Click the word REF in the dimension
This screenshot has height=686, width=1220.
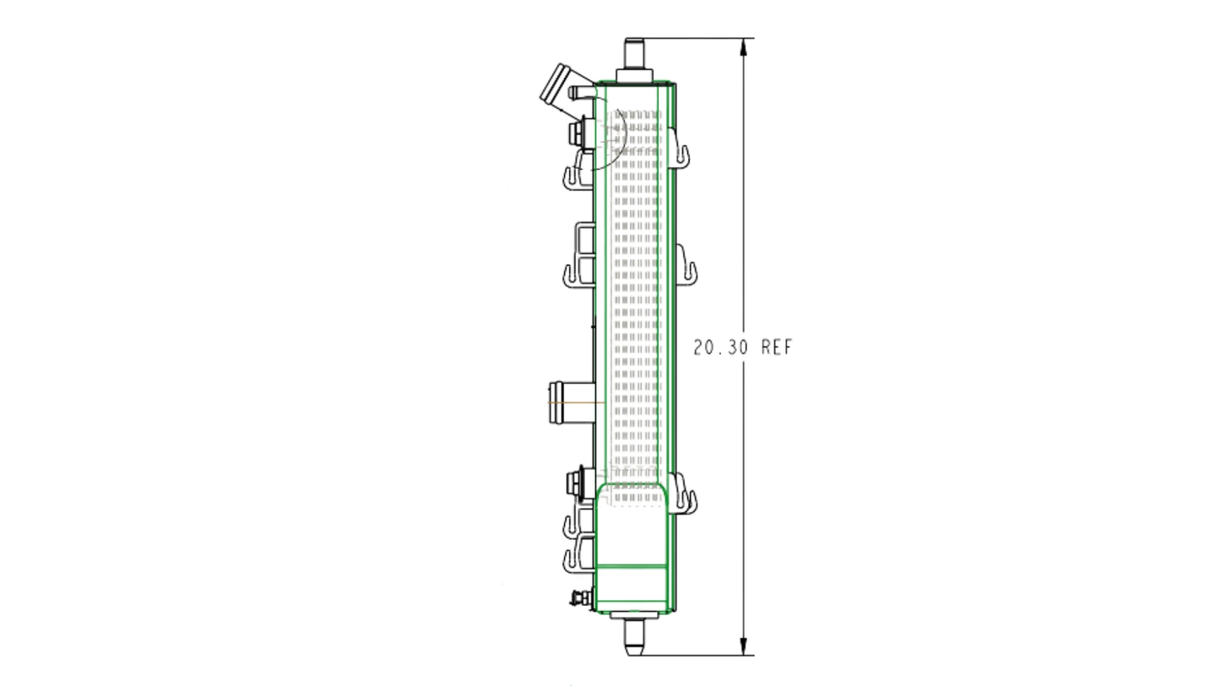776,348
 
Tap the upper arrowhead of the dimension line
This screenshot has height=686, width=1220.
744,47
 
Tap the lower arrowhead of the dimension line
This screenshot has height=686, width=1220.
744,645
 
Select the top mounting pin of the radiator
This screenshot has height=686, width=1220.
634,53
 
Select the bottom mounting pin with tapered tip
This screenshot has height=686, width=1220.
635,638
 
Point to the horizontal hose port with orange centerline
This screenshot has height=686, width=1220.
572,402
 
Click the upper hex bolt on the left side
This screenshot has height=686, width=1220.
577,133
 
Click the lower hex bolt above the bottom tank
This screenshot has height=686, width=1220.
576,483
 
